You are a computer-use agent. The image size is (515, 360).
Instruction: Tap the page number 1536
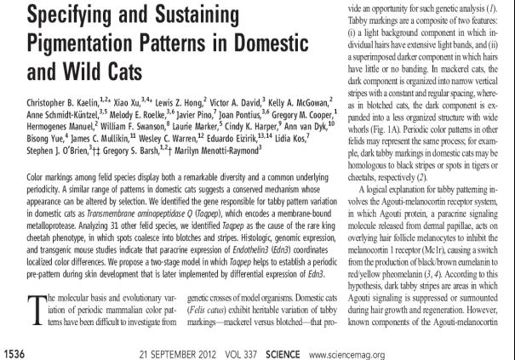pyautogui.click(x=18, y=352)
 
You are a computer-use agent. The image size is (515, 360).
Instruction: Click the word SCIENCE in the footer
pyautogui.click(x=289, y=352)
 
